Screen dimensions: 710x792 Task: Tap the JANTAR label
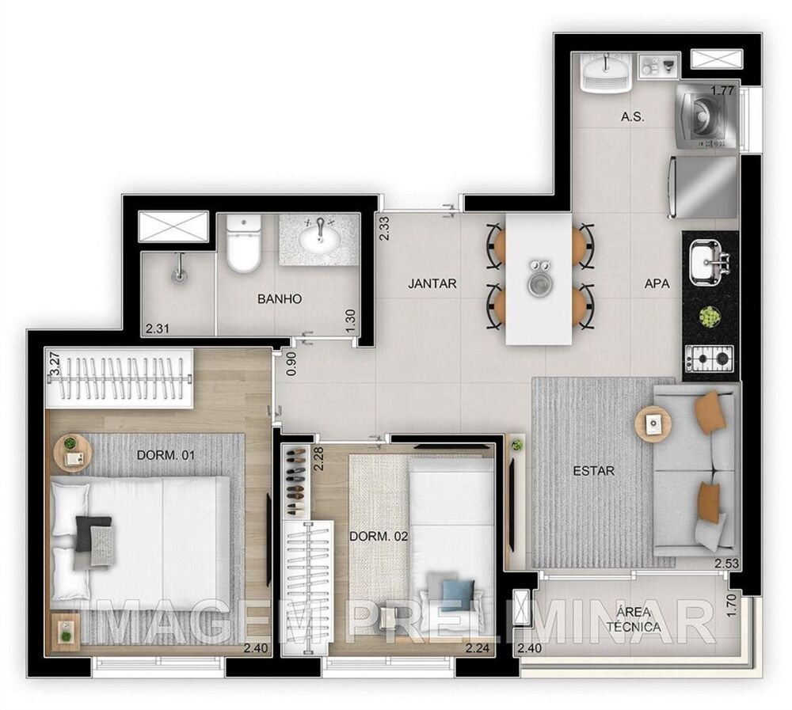click(432, 283)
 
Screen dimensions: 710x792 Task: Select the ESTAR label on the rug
click(593, 471)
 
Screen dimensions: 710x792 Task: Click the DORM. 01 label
click(166, 455)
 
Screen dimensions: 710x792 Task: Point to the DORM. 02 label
click(379, 536)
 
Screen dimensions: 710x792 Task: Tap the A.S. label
click(632, 117)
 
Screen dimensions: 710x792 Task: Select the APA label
click(657, 283)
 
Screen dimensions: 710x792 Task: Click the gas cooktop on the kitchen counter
click(709, 359)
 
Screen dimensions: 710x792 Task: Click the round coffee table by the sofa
click(653, 423)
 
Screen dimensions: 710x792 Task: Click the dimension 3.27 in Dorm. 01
click(55, 363)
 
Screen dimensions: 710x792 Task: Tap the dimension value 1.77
click(722, 91)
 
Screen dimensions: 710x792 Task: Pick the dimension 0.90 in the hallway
click(290, 363)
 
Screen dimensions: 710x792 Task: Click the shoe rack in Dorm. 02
click(295, 481)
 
